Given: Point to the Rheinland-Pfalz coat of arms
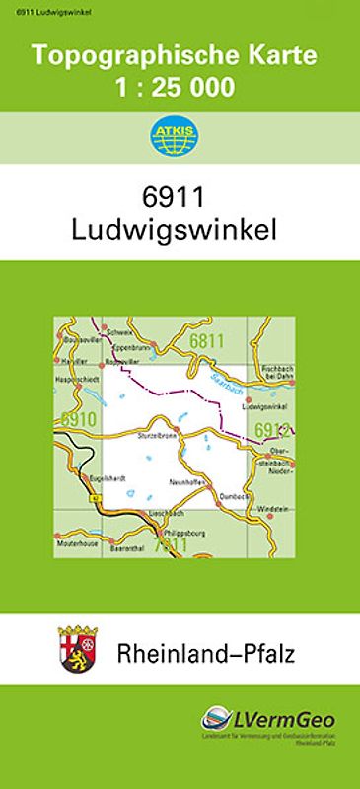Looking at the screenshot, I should (75, 648).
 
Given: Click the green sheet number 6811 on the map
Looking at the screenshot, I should (208, 341).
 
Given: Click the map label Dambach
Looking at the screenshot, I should (234, 496).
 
